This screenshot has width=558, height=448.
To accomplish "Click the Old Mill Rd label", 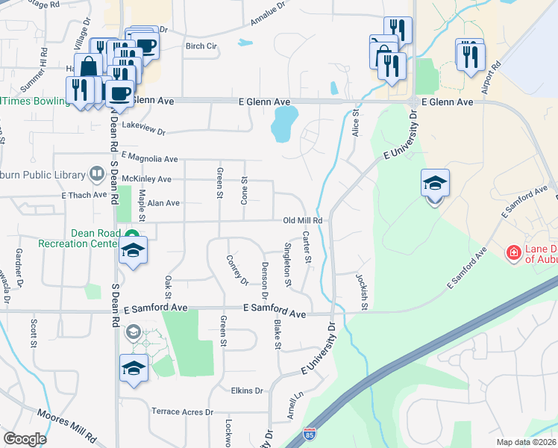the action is click(302, 221).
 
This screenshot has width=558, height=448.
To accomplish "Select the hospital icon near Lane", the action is click(513, 254).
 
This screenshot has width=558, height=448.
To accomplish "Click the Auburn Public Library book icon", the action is click(96, 175).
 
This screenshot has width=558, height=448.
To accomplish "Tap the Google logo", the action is click(25, 439).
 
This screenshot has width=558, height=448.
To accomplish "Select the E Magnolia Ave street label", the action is click(149, 158).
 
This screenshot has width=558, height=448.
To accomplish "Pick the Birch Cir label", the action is click(201, 46).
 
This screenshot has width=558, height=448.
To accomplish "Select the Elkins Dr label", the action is click(247, 391).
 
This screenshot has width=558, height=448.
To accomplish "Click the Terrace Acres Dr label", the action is click(183, 411).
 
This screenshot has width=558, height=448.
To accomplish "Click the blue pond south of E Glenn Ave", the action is click(285, 123).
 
